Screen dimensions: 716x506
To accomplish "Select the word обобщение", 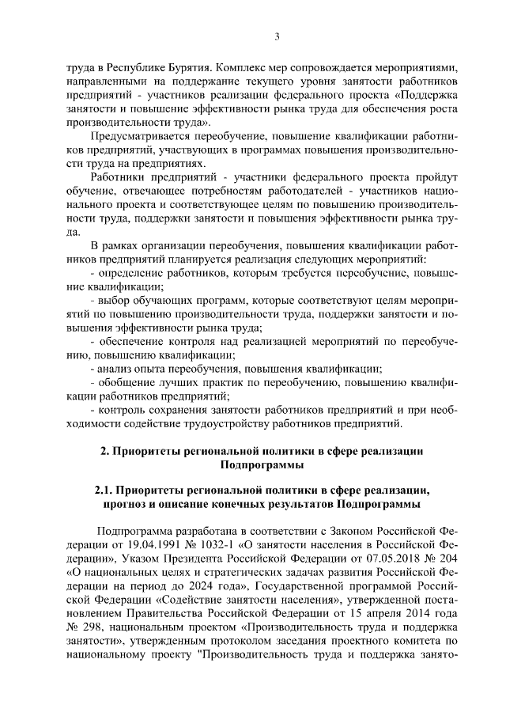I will [x=129, y=382].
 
